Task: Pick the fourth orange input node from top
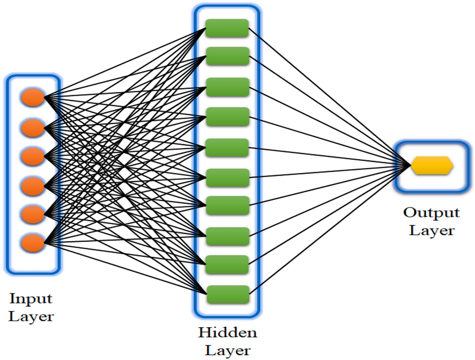pos(33,185)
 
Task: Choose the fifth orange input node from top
pos(33,214)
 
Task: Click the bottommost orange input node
pos(33,242)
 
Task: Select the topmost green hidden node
pos(227,28)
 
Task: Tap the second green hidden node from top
pos(227,56)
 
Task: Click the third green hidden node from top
pos(227,87)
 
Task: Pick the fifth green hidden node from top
pos(227,148)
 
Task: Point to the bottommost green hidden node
pos(227,294)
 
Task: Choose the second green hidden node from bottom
pos(227,264)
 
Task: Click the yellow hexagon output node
pos(431,166)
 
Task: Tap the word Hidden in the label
pos(227,333)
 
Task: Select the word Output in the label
pos(431,213)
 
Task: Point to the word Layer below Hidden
pos(227,351)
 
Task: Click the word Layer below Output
pos(432,231)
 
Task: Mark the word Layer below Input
pos(31,317)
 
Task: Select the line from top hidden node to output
pos(329,96)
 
